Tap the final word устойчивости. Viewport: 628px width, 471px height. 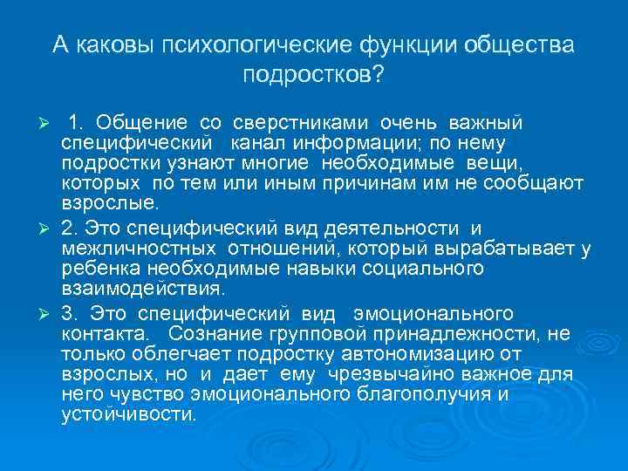click(x=129, y=414)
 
